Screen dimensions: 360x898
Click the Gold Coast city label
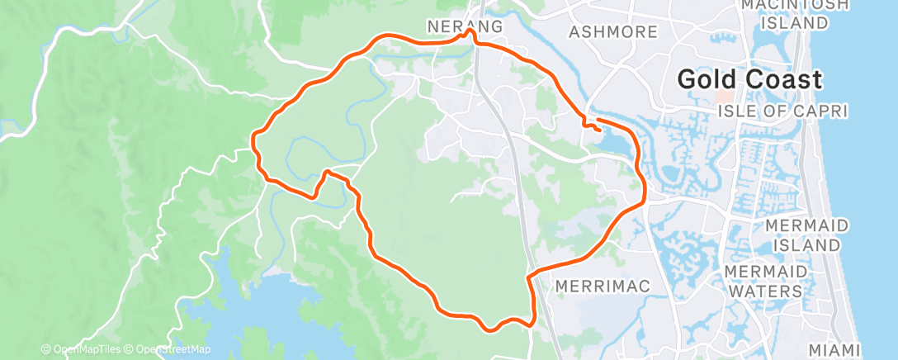point(749,80)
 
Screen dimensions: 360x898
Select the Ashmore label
point(613,32)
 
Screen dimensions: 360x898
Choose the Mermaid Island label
point(807,235)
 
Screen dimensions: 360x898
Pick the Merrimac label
point(603,286)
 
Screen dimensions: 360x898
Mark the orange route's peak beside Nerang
point(469,32)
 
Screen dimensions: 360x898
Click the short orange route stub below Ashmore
point(591,126)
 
